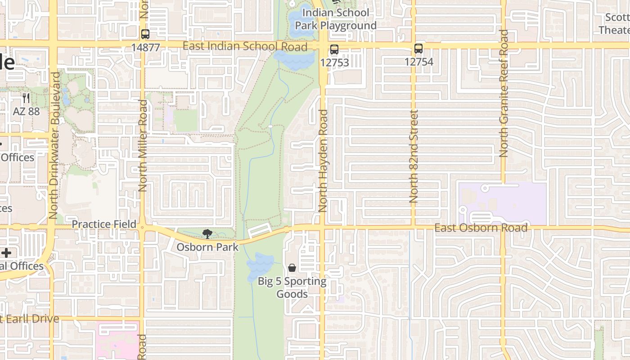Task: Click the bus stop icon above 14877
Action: click(145, 34)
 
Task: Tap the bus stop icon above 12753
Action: click(334, 49)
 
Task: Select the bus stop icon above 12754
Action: click(418, 49)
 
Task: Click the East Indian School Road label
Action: click(245, 46)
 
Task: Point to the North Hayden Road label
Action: click(323, 161)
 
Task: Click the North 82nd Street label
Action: click(414, 156)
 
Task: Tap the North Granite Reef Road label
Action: click(504, 93)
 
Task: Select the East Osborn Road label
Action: click(481, 228)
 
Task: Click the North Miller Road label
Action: click(143, 146)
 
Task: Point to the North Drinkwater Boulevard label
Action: click(54, 145)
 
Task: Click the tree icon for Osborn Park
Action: click(207, 234)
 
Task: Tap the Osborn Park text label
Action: click(207, 247)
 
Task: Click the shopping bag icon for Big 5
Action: click(292, 268)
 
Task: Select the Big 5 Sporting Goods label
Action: click(292, 288)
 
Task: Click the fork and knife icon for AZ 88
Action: click(26, 98)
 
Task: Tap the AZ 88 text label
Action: click(27, 111)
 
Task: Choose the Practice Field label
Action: click(104, 224)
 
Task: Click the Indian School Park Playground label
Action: click(336, 19)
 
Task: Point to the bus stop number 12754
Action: click(418, 62)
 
